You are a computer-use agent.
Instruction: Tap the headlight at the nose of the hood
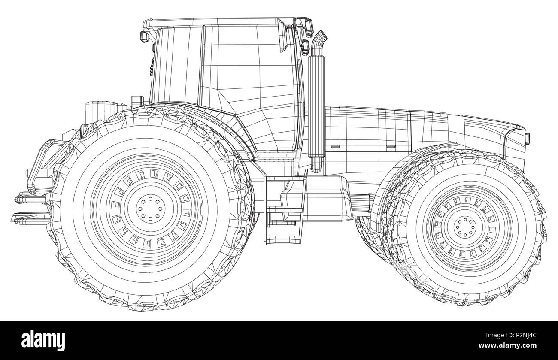(527, 138)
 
